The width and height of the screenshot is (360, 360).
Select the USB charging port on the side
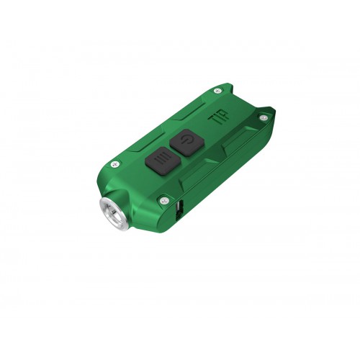[177, 210]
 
